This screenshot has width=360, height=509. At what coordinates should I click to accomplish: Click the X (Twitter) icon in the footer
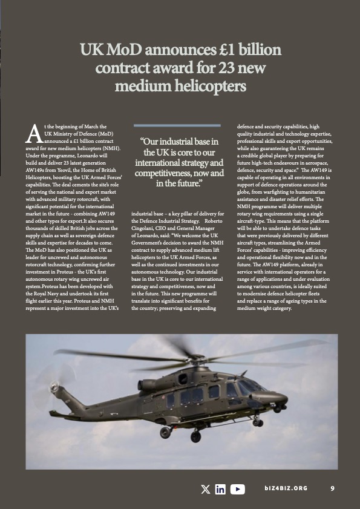point(206,489)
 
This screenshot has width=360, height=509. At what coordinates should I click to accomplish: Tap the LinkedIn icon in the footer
point(221,489)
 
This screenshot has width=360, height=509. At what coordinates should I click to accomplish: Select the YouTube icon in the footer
point(238,489)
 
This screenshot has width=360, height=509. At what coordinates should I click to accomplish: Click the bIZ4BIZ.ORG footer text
point(286,489)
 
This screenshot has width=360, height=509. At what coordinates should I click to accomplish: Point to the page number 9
point(333,489)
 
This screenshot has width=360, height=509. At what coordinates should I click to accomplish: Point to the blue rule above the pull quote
point(180,126)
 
